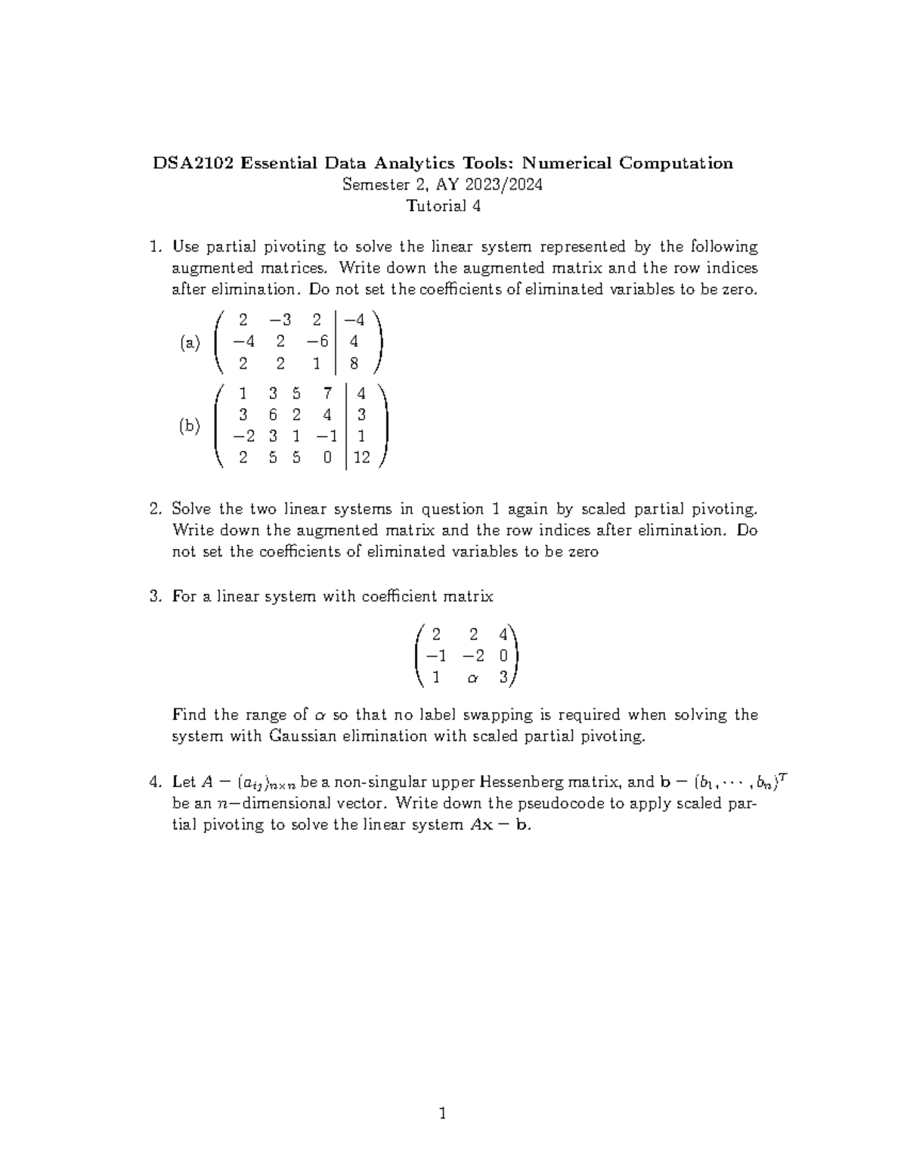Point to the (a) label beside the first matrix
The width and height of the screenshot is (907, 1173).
coord(190,343)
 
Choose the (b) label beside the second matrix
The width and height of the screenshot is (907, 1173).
coord(190,426)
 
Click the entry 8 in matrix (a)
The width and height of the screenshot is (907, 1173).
coord(354,364)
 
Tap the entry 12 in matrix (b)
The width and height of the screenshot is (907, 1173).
coord(361,458)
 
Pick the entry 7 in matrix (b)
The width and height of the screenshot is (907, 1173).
coord(326,393)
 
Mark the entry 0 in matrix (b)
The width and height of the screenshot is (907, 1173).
coord(327,458)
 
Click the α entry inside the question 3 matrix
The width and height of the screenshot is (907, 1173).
coord(473,678)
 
